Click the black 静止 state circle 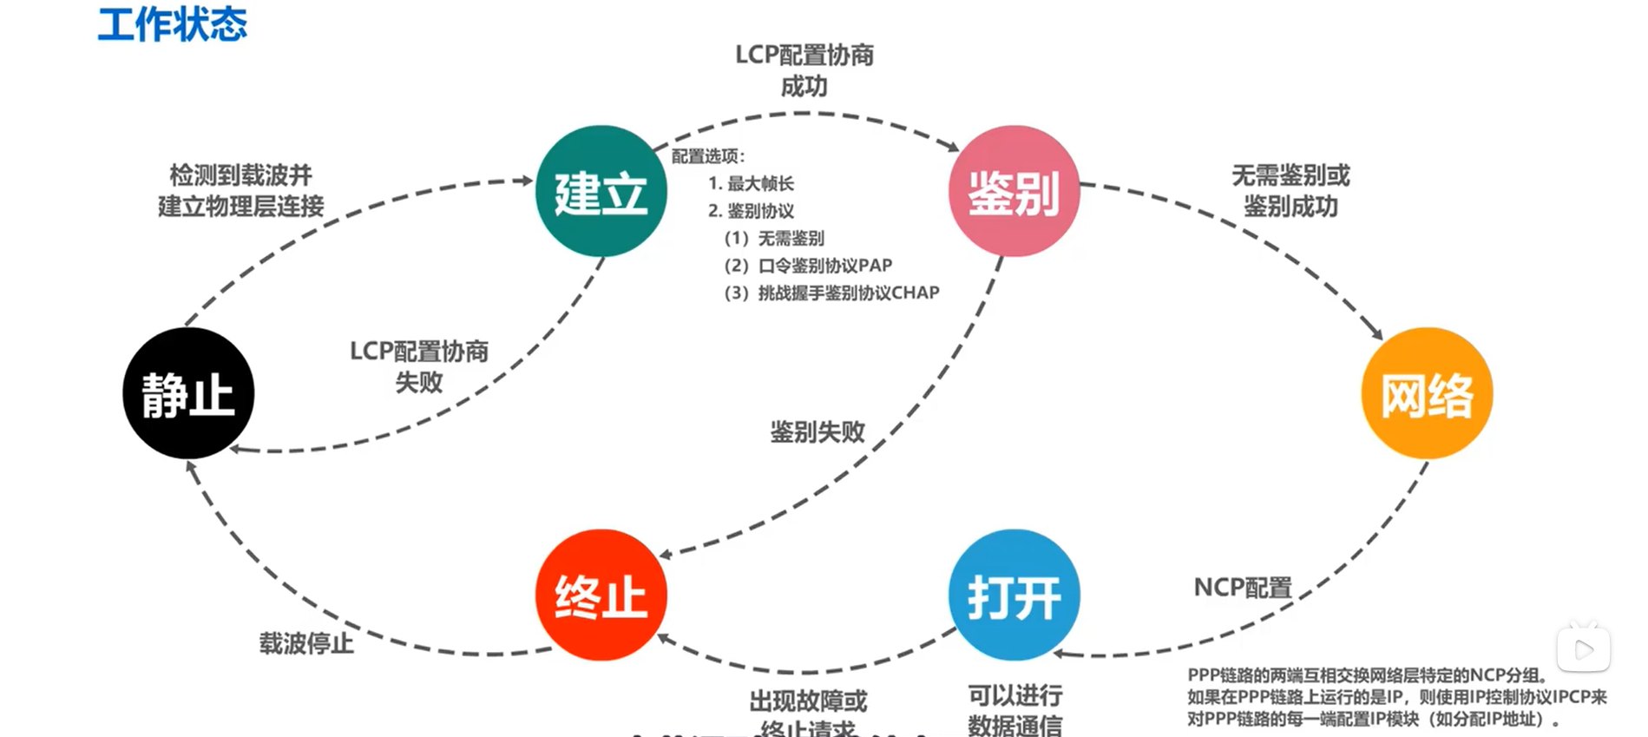point(188,393)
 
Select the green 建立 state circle point(601,192)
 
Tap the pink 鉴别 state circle point(1014,192)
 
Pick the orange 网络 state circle point(1427,393)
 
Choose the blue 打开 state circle point(1014,596)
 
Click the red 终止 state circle point(601,596)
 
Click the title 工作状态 point(173,23)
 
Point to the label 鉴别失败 point(817,431)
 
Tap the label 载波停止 point(306,643)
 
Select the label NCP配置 point(1243,588)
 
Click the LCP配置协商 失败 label point(419,366)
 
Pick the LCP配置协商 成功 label point(804,70)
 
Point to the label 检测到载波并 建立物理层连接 point(240,191)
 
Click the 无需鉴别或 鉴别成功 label point(1290,191)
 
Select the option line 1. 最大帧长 point(751,183)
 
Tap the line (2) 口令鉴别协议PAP point(808,266)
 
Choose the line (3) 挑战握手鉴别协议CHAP point(831,293)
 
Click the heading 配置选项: point(708,156)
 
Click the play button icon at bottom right point(1584,648)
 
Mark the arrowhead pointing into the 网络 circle point(1376,333)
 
